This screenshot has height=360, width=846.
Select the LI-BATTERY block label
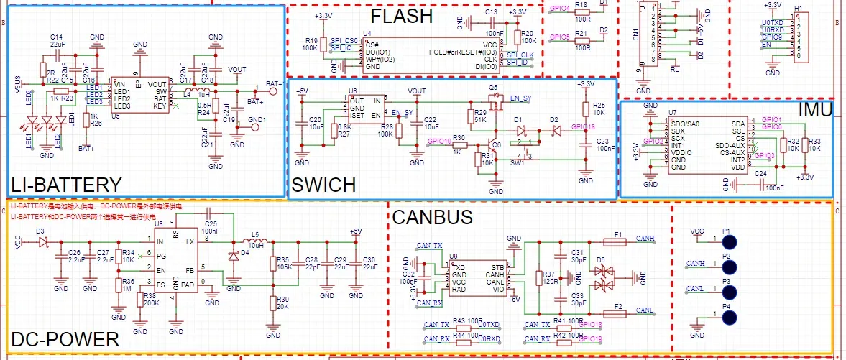tap(67, 185)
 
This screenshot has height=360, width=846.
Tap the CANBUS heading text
tap(432, 217)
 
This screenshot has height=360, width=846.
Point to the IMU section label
tap(814, 110)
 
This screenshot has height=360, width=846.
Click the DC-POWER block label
tap(65, 339)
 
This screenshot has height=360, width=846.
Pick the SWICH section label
tap(323, 185)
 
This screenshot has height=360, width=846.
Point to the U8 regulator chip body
tap(186, 260)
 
